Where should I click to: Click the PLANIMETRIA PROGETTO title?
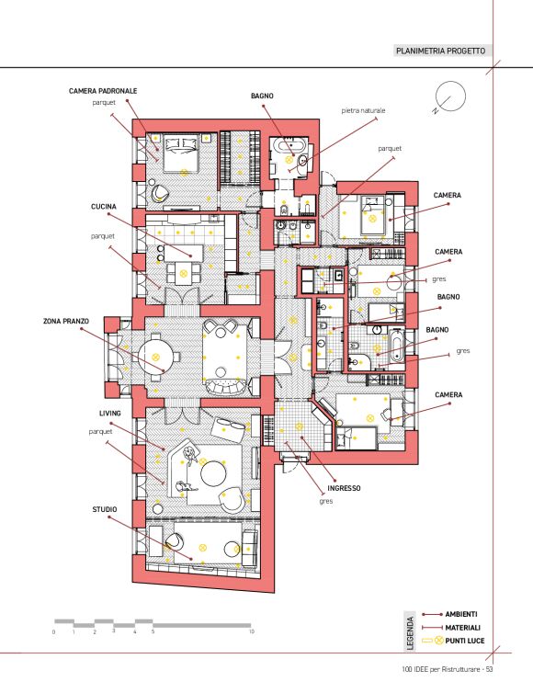(440, 51)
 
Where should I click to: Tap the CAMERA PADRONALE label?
(103, 91)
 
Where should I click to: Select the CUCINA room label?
(104, 207)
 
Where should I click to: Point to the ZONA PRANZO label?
(66, 322)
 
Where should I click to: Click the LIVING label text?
(110, 414)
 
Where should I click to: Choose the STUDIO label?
(105, 509)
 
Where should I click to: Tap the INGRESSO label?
(344, 488)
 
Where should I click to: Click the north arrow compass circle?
(450, 97)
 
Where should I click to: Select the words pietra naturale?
(363, 110)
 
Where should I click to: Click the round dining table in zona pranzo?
(155, 358)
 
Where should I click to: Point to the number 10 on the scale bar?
(252, 631)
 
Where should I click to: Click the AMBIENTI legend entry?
(461, 614)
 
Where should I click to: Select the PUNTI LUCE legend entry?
(464, 641)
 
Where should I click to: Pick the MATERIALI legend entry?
(462, 628)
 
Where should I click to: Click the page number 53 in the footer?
(489, 670)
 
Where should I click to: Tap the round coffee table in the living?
(213, 473)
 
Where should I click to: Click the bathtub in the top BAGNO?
(289, 145)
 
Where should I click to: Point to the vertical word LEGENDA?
(410, 633)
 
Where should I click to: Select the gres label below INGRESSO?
(325, 501)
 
